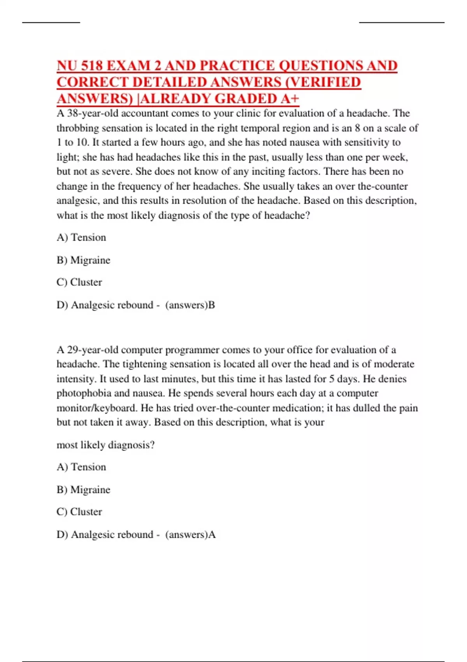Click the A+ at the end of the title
coord(290,99)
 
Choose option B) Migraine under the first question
coord(83,260)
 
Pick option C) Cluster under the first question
coord(79,282)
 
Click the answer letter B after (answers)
coord(212,305)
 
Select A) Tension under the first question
coord(81,238)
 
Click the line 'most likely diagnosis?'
coord(105,445)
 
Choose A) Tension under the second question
coord(81,467)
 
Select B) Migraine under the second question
coord(83,489)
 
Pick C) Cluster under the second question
coord(79,512)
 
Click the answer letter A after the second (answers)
coord(212,535)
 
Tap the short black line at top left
coord(51,23)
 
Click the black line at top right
coord(401,23)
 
